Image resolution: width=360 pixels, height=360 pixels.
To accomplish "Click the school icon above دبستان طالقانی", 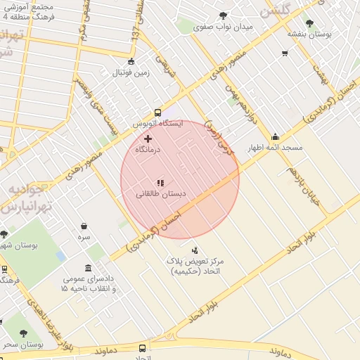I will click(x=160, y=182).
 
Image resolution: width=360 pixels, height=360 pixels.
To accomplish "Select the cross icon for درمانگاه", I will click(x=148, y=139).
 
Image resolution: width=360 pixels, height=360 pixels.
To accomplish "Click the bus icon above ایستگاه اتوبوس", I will click(x=157, y=112).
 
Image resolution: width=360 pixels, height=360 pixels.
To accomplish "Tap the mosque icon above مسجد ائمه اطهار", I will click(x=275, y=137).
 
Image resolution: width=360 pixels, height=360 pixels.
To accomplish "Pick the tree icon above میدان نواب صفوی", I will click(x=224, y=15).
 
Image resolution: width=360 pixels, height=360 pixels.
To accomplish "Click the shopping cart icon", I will click(x=285, y=53).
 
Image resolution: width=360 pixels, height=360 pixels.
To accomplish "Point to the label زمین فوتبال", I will click(x=131, y=72).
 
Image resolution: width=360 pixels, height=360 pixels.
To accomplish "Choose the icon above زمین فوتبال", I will click(x=131, y=61).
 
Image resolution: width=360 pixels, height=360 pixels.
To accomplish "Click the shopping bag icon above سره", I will click(x=84, y=226).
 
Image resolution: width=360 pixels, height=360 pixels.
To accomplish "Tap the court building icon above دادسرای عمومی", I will click(x=87, y=268).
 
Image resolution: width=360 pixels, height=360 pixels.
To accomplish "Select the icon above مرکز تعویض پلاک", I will click(x=195, y=250).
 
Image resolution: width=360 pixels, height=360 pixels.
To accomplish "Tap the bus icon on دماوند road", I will click(x=143, y=348).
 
